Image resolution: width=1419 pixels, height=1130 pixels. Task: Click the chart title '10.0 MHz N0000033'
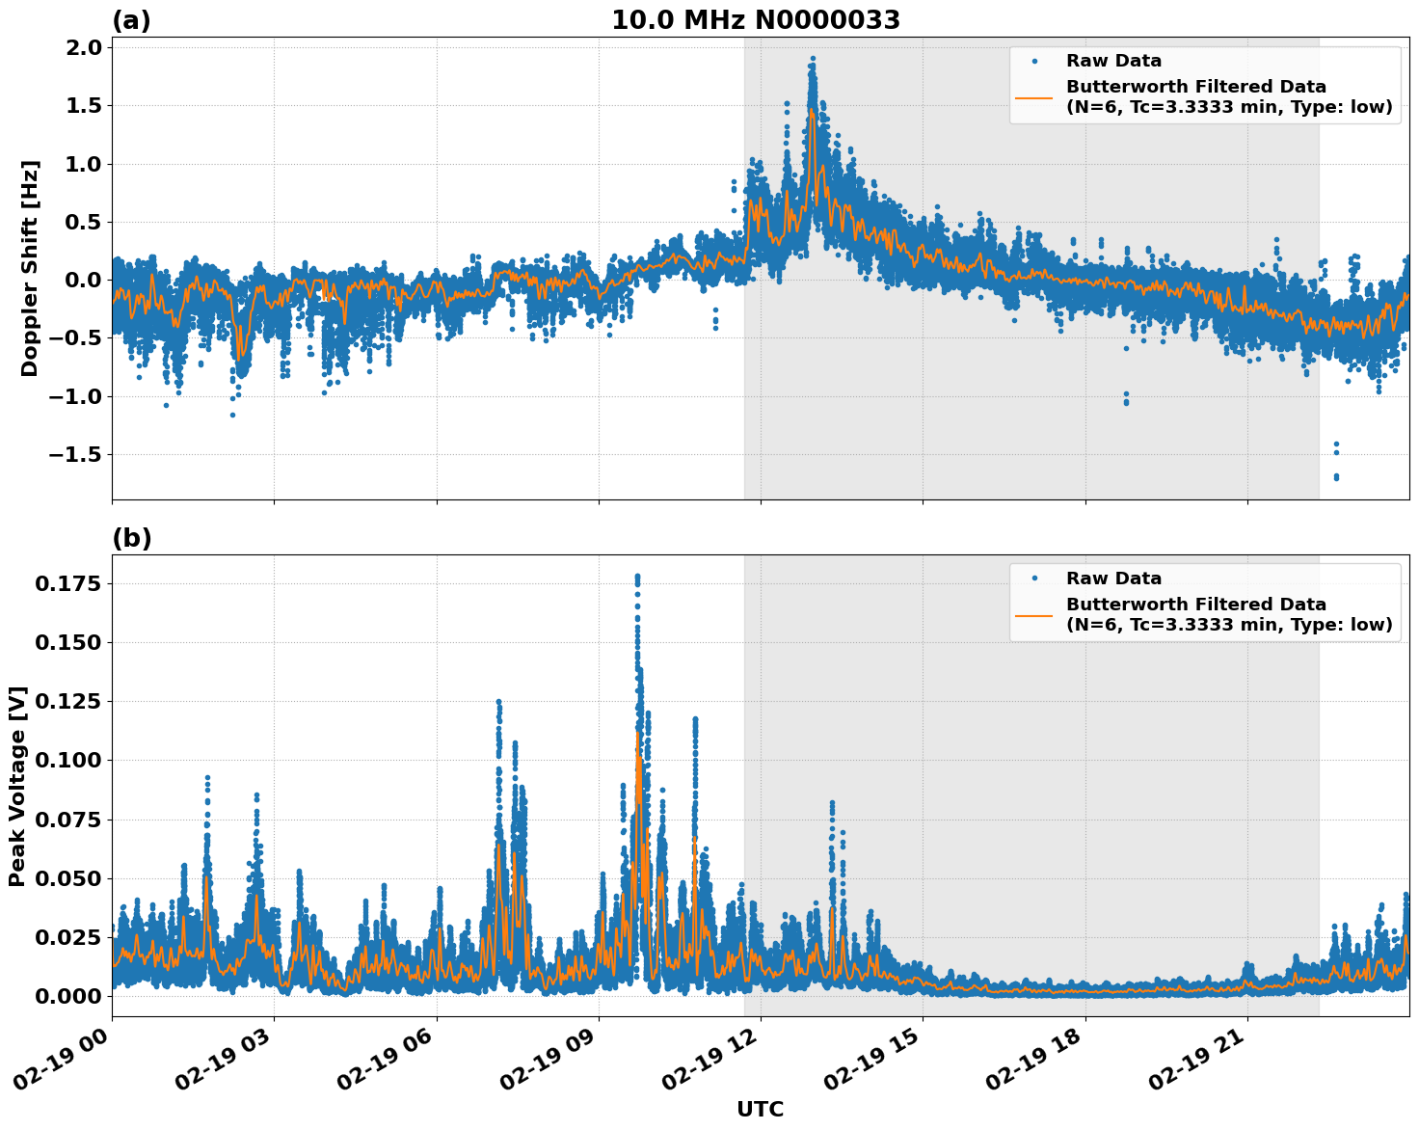(x=755, y=20)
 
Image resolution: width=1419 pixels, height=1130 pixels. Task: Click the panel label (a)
(x=131, y=20)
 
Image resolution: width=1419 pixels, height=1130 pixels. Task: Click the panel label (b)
(x=131, y=538)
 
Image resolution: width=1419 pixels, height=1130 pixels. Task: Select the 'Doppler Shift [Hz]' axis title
(x=30, y=268)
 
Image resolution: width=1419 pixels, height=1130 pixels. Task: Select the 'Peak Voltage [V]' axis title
(x=17, y=786)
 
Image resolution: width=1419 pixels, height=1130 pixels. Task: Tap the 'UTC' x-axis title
(x=760, y=1109)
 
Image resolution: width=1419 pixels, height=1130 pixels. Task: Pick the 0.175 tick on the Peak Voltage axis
(x=67, y=583)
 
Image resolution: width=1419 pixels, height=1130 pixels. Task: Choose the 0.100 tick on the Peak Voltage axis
(x=67, y=760)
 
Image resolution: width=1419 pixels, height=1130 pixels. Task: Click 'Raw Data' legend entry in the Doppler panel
(x=1113, y=62)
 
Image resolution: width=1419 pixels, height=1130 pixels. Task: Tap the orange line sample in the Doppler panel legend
(x=1034, y=97)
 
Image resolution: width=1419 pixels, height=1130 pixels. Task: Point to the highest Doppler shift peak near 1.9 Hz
(x=813, y=59)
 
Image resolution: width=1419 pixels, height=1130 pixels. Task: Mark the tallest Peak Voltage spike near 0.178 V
(x=637, y=577)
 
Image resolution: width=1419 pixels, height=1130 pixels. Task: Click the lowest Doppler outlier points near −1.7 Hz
(x=1336, y=476)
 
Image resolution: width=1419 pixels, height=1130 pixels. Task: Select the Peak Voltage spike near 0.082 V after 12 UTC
(x=832, y=803)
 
